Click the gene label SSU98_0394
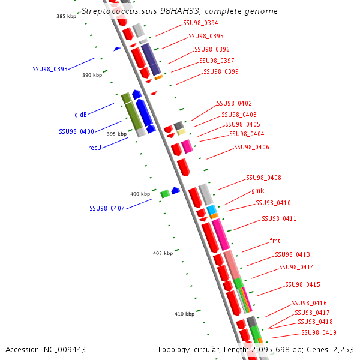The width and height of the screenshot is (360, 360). pos(200,23)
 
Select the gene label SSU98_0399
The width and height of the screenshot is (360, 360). pos(221,71)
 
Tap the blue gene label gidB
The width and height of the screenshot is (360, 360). pos(83,115)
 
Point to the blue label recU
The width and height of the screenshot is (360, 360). pos(94,147)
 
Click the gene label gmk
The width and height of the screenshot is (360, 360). pos(258,190)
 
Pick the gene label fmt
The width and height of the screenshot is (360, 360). pos(275,241)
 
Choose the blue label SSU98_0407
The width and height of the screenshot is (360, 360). pos(107,208)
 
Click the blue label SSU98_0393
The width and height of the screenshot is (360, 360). pos(50,69)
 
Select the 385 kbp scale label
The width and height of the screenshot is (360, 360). pos(67,16)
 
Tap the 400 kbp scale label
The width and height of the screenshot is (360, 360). pos(140,194)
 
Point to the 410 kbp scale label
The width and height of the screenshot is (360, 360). pos(184,314)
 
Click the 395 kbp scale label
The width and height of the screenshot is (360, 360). pos(116,134)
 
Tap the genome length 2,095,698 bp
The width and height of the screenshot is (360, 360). pos(280,349)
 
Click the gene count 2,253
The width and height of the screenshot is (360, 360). pos(343,349)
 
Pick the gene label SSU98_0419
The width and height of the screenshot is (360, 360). pos(319,332)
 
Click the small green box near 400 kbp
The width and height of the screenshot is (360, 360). pos(164,193)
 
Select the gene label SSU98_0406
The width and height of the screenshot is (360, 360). pos(251,147)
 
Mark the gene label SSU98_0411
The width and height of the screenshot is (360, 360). pos(278,218)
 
